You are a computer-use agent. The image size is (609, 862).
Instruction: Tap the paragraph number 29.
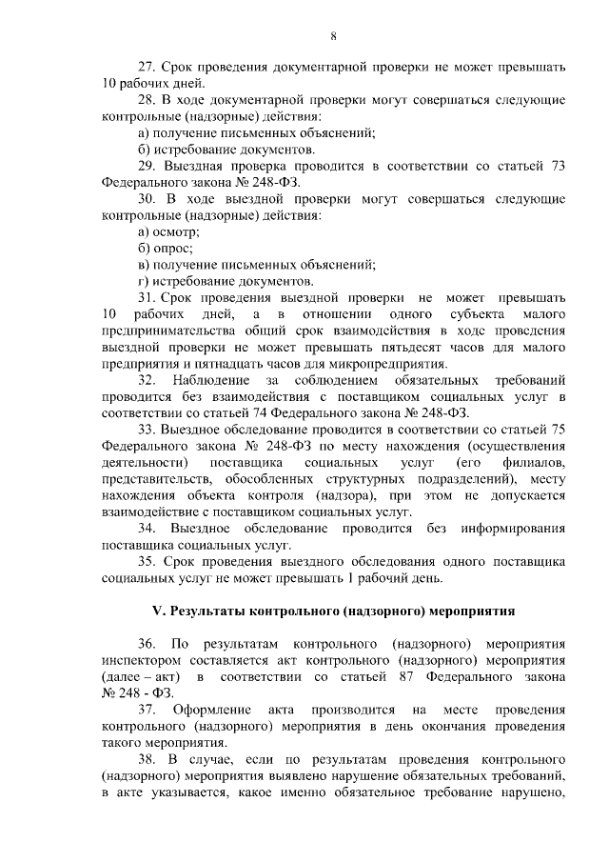[147, 167]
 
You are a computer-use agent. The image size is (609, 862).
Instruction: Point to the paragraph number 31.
[147, 298]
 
